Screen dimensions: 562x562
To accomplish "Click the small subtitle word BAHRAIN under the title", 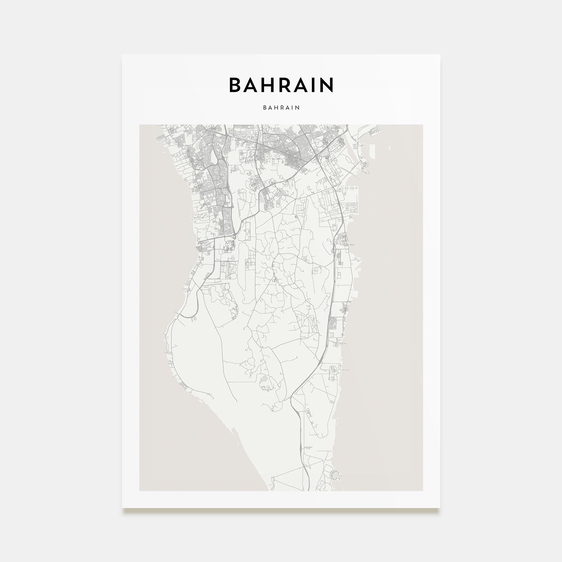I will (x=281, y=108).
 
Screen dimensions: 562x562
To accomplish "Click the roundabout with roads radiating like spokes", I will (x=307, y=316).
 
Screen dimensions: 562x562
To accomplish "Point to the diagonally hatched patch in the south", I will (x=264, y=379).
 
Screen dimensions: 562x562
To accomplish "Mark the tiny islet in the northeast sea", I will (x=389, y=148).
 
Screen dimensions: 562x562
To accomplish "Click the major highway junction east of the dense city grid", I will (x=316, y=157).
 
